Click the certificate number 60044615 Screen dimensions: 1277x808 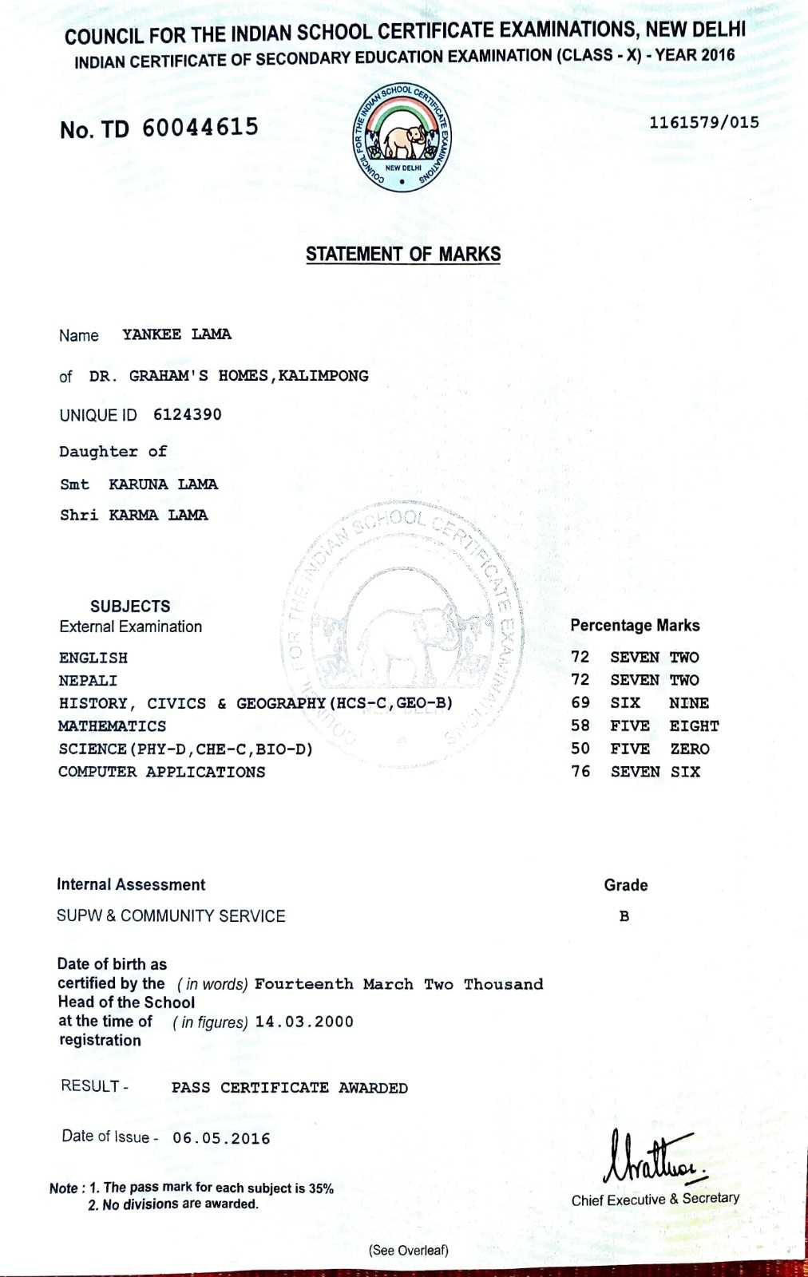point(200,128)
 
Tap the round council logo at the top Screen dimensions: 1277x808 point(402,138)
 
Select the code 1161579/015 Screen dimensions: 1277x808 point(703,123)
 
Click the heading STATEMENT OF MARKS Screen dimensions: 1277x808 point(403,255)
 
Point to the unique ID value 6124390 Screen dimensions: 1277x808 point(188,415)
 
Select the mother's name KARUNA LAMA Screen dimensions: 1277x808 point(163,484)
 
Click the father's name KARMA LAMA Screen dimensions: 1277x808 point(158,516)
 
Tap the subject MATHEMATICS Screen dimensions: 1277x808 point(113,726)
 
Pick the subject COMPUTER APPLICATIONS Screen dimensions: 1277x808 point(162,773)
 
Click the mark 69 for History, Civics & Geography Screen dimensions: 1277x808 point(580,703)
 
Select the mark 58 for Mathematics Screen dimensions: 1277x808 point(580,726)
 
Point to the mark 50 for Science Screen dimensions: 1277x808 point(580,749)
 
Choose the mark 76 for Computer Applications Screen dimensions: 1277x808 point(580,772)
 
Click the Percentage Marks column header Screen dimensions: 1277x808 point(635,626)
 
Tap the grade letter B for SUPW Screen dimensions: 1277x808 point(624,916)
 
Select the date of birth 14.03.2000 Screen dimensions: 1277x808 point(304,1022)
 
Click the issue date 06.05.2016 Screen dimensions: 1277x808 point(221,1139)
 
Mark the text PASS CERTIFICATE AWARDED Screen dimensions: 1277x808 point(290,1088)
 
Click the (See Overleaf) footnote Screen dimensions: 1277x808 point(408,1251)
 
